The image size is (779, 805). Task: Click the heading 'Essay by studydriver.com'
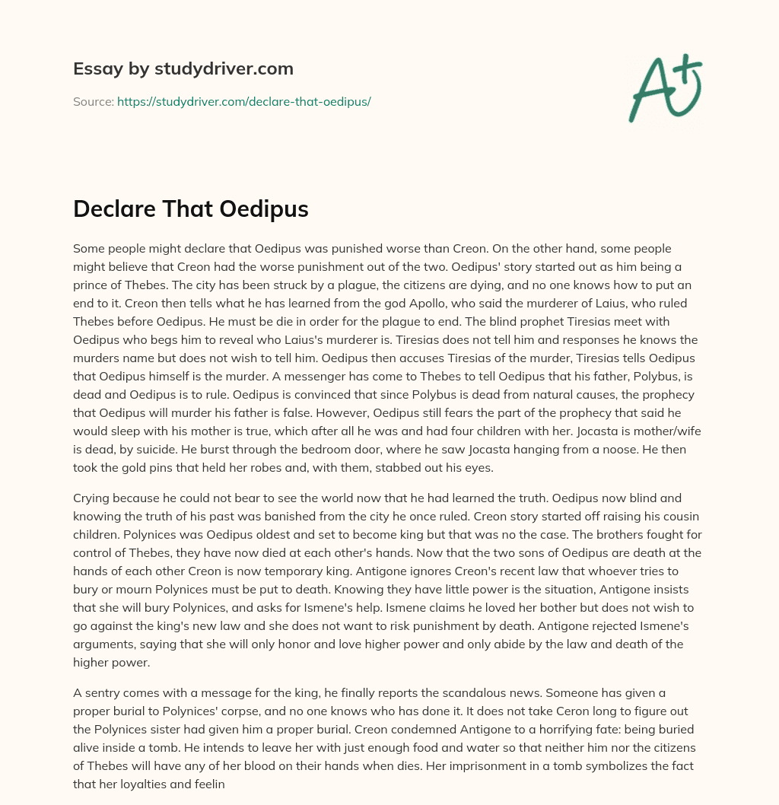coord(183,69)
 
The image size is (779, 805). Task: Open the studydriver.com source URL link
coord(243,101)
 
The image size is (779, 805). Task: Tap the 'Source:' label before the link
coord(93,101)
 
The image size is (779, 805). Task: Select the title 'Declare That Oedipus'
coord(191,208)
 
